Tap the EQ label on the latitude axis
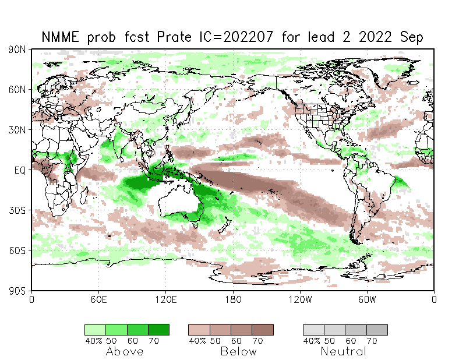coord(20,170)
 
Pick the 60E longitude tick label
coord(98,299)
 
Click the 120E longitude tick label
coord(165,299)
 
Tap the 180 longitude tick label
coord(233,299)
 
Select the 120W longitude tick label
coord(300,299)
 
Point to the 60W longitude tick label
coord(367,299)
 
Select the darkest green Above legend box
coord(158,330)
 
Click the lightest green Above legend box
coord(95,330)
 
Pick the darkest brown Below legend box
coord(263,330)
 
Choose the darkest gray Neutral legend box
coord(377,330)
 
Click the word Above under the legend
coord(125,351)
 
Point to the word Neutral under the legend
coord(344,351)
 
